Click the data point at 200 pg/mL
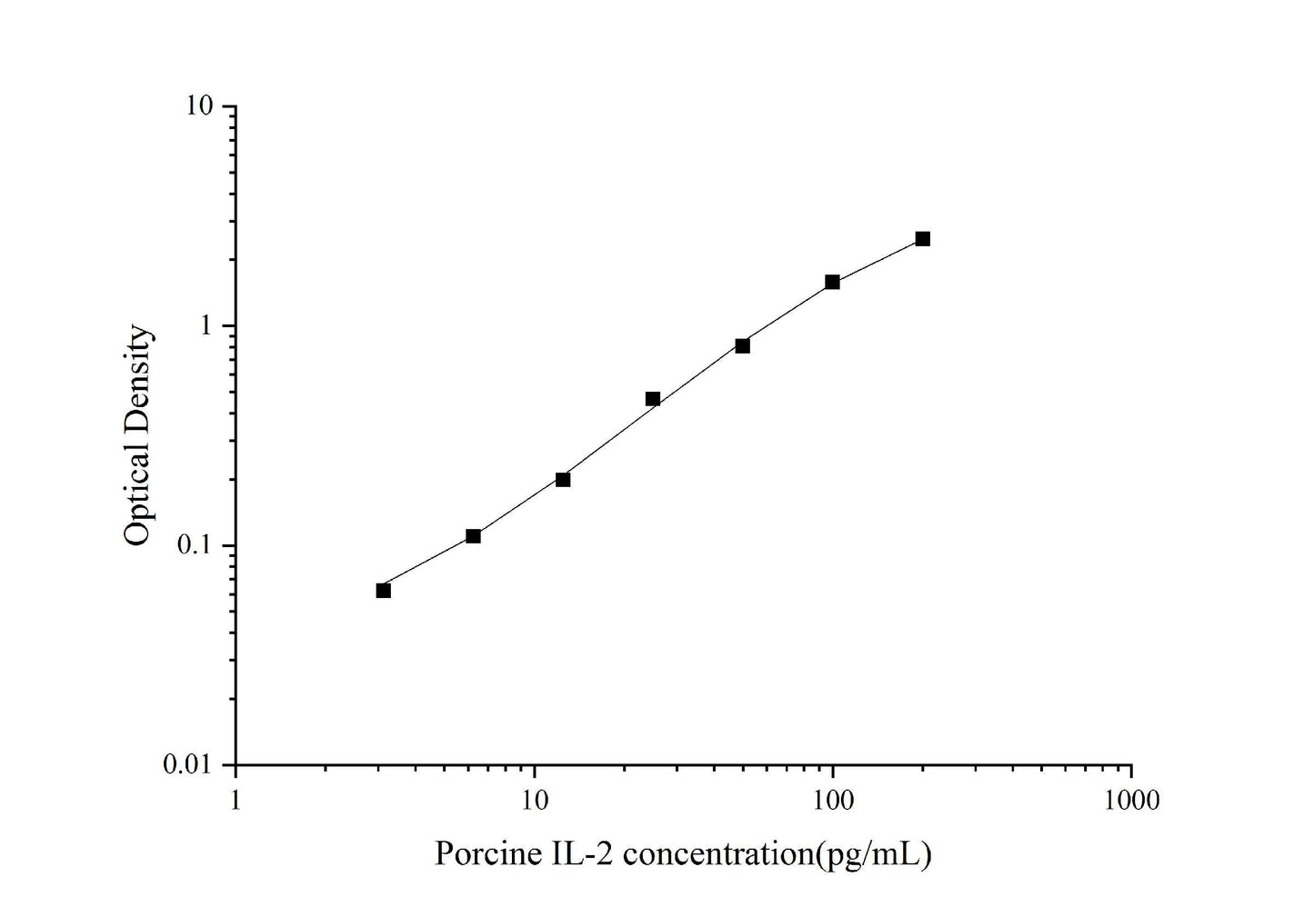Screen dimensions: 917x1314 pyautogui.click(x=922, y=239)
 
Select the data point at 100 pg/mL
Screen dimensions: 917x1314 pyautogui.click(x=832, y=282)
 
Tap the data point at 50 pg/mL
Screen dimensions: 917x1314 pyautogui.click(x=742, y=345)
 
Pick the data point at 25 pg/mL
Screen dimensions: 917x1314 pyautogui.click(x=652, y=399)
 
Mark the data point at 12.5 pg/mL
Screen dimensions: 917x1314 pyautogui.click(x=563, y=479)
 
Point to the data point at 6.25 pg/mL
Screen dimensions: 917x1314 pyautogui.click(x=473, y=536)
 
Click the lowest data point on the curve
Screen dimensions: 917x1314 pyautogui.click(x=383, y=591)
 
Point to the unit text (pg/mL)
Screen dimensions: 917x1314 pyautogui.click(x=874, y=854)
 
